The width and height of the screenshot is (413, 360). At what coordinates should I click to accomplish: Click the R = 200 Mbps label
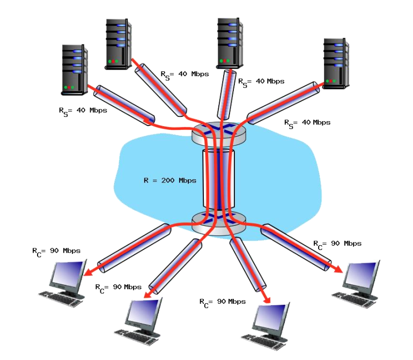click(x=169, y=181)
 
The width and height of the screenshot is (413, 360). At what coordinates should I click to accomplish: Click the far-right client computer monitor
click(x=360, y=276)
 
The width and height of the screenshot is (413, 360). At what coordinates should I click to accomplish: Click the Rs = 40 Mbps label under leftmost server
click(x=83, y=111)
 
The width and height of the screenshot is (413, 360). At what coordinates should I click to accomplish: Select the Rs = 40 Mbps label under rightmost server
click(x=307, y=123)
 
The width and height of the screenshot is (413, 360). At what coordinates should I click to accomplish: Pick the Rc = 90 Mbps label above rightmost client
click(x=337, y=244)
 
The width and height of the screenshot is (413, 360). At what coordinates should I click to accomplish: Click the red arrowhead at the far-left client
click(x=87, y=272)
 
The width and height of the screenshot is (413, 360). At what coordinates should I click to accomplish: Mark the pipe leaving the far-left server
click(x=124, y=105)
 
